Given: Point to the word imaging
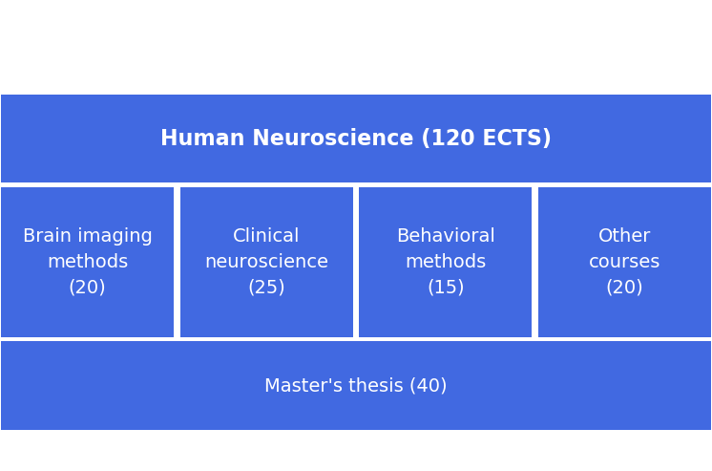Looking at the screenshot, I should tap(115, 236).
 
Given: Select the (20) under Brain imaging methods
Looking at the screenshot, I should tap(87, 288).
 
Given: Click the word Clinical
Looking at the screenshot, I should tap(266, 236).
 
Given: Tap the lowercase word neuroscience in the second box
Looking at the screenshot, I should tap(266, 262).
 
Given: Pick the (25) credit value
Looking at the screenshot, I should tap(266, 288).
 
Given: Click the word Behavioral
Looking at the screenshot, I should tap(446, 236).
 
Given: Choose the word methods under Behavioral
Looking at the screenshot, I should tap(446, 262).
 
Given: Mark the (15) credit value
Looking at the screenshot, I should tap(446, 288).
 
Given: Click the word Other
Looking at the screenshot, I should tap(624, 236).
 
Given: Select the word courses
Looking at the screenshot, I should tap(624, 262).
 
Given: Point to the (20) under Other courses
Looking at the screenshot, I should tap(624, 288).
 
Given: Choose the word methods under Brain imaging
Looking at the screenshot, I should tap(88, 262).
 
